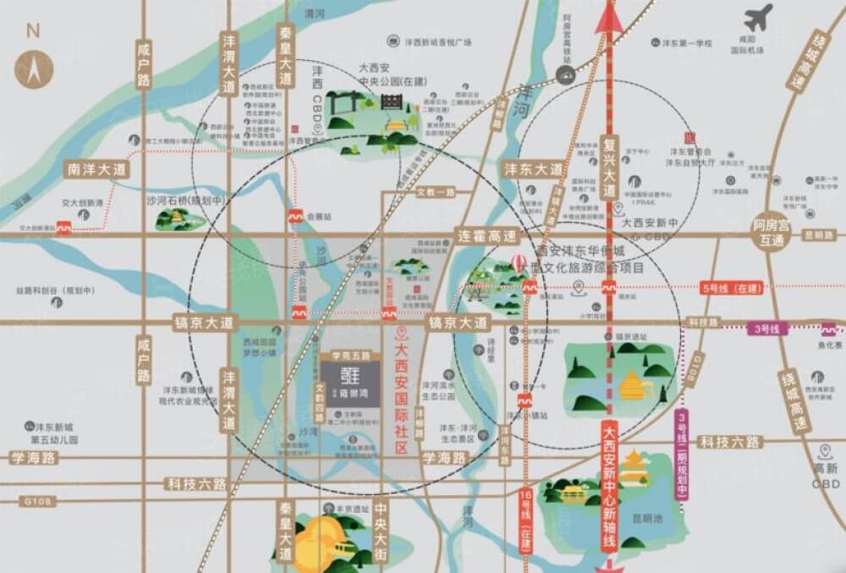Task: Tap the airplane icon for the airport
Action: (x=759, y=18)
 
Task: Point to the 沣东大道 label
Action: (x=533, y=169)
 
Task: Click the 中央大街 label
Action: (x=382, y=534)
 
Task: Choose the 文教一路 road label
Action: (x=437, y=193)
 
